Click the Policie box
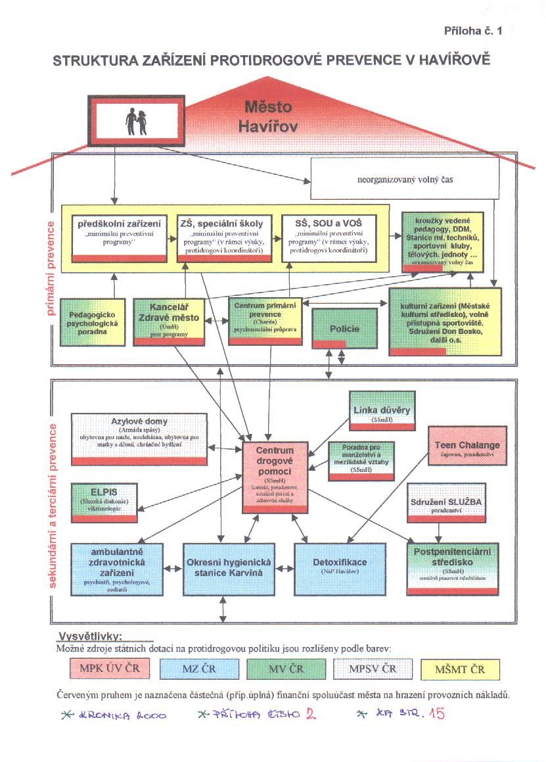click(x=345, y=328)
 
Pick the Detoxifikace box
click(x=340, y=566)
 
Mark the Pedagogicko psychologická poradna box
click(x=93, y=322)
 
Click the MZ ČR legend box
click(x=198, y=669)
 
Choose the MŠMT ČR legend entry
click(x=460, y=669)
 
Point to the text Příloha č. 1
click(x=472, y=31)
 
